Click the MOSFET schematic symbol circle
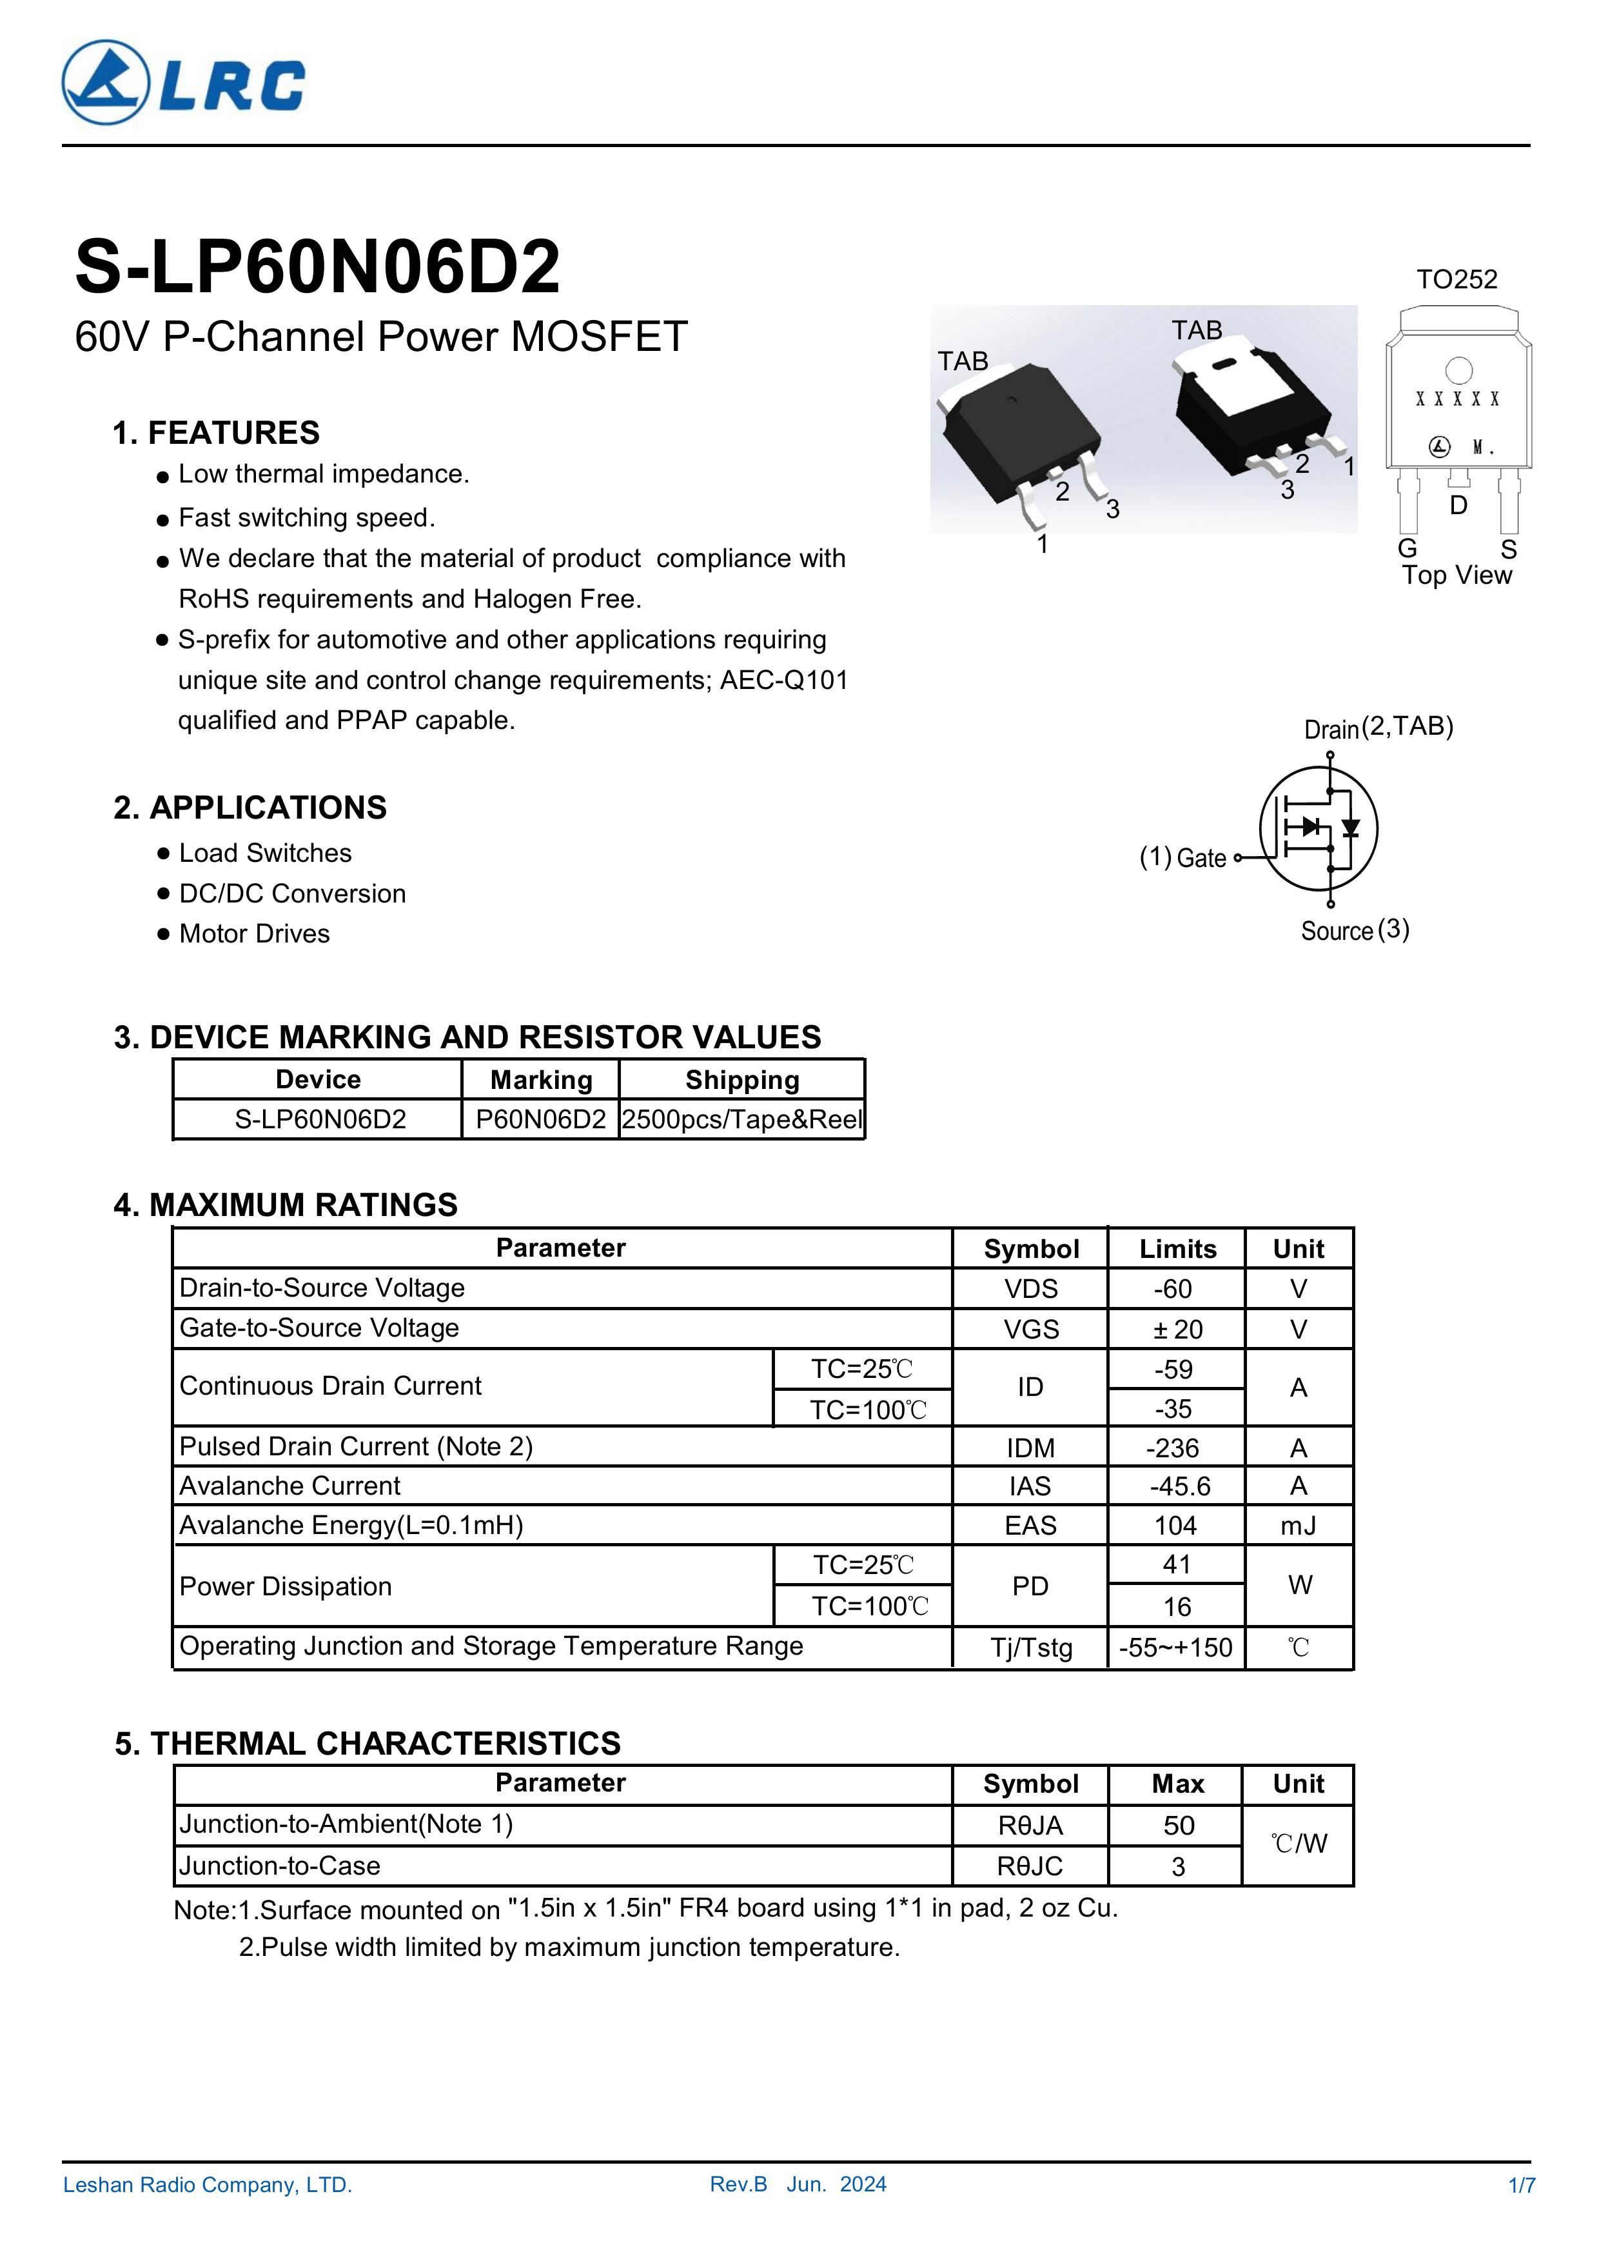[1319, 828]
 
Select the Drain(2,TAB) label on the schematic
[1378, 728]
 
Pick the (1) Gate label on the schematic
[1182, 857]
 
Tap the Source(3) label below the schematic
[1355, 930]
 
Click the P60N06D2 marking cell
[541, 1120]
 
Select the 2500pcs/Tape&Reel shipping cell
[742, 1120]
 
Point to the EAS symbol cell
[1030, 1526]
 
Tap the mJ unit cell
[1299, 1526]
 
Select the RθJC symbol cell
[1030, 1866]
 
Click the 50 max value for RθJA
[1179, 1826]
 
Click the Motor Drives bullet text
[254, 934]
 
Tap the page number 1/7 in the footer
[1521, 2185]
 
